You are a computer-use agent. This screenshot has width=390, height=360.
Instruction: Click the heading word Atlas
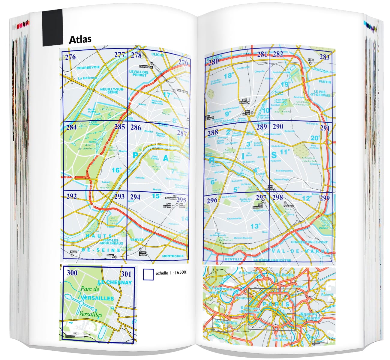[x=80, y=40]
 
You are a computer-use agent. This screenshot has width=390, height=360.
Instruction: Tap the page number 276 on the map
[x=70, y=57]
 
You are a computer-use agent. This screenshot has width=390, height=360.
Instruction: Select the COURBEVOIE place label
[x=88, y=68]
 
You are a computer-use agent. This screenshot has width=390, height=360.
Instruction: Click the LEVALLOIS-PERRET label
[x=138, y=73]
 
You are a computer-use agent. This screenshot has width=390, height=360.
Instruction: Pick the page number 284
[x=71, y=127]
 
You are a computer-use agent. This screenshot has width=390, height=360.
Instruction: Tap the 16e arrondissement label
[x=116, y=170]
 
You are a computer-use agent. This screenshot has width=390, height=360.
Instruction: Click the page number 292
[x=71, y=196]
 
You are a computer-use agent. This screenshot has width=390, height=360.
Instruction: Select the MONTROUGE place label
[x=173, y=256]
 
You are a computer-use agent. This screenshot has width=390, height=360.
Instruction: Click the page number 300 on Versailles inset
[x=72, y=273]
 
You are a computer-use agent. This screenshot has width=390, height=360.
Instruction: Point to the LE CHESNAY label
[x=115, y=282]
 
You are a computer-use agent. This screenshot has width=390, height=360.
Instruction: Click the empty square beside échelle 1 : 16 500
[x=148, y=274]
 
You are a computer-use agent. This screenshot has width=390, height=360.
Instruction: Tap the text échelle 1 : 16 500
[x=171, y=273]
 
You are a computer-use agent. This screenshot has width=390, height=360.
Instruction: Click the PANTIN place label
[x=325, y=82]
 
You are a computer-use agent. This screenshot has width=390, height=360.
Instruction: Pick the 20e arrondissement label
[x=315, y=138]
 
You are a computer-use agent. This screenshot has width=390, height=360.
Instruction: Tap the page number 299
[x=324, y=198]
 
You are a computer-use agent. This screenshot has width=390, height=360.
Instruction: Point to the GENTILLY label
[x=233, y=259]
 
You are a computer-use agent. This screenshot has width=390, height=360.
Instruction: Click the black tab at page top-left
[x=52, y=27]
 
